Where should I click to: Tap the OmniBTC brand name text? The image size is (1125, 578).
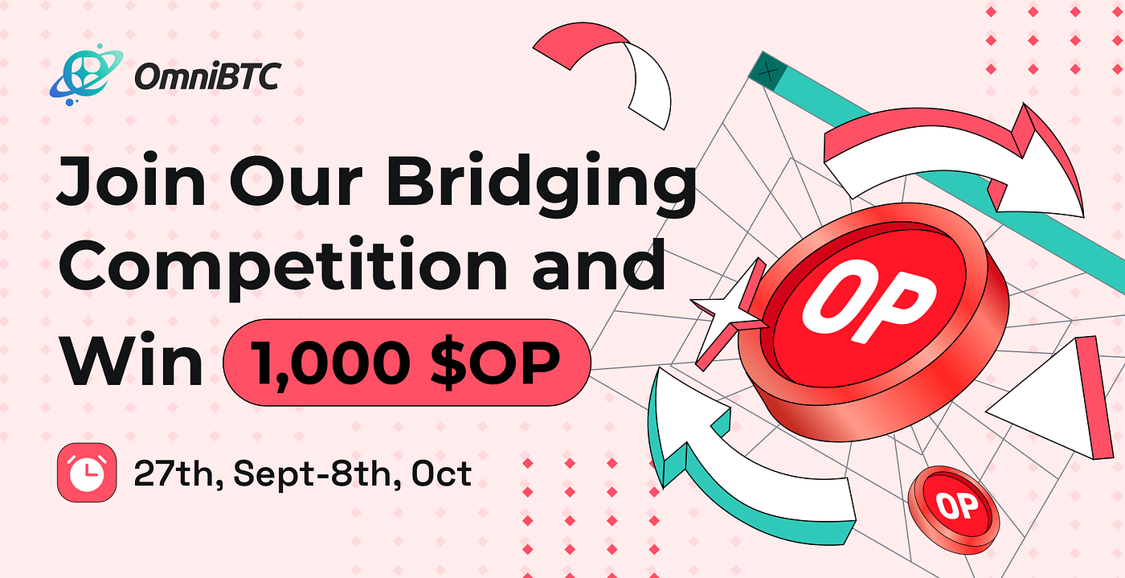tap(207, 76)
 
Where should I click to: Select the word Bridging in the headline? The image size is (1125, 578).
tap(542, 184)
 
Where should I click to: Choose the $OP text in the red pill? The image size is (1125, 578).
tap(496, 362)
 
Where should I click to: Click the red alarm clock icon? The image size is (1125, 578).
tap(87, 473)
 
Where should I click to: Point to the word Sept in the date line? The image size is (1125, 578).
tap(275, 474)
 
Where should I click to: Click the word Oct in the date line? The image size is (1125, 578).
tap(441, 473)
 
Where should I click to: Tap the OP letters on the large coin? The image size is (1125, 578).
tap(869, 301)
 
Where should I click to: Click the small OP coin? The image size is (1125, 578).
tap(954, 510)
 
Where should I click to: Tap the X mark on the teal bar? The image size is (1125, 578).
tap(768, 73)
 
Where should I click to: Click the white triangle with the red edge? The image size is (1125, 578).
tap(1049, 398)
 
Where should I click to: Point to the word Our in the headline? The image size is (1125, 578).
tap(297, 180)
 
